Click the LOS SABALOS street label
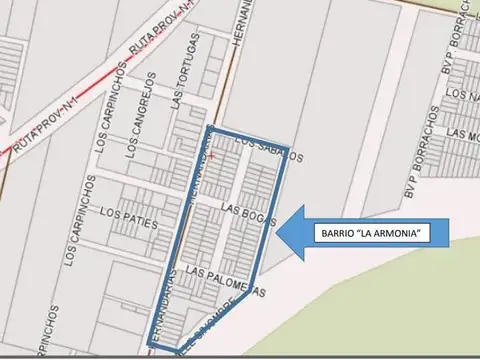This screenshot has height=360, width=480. click(x=267, y=149)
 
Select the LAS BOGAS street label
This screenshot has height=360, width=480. click(x=244, y=212)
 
